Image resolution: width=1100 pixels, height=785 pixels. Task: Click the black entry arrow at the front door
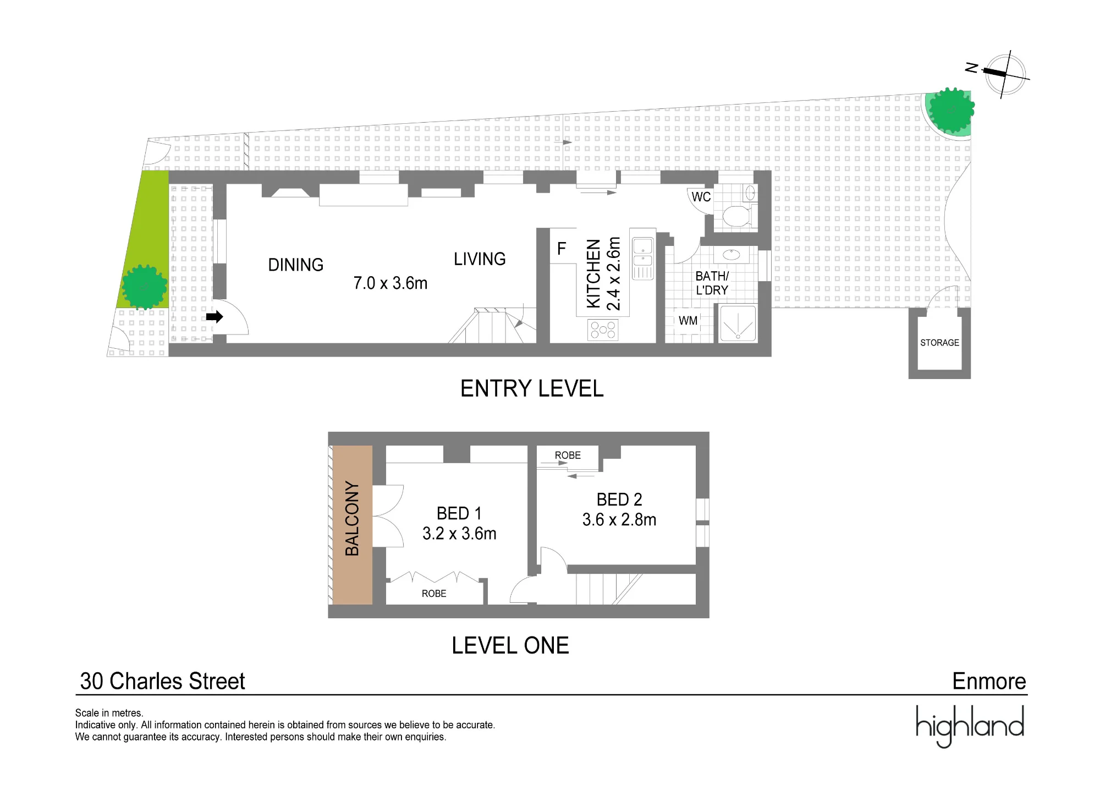click(215, 317)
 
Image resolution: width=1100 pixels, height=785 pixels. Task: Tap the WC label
click(701, 197)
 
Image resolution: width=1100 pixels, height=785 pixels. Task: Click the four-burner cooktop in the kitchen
click(603, 330)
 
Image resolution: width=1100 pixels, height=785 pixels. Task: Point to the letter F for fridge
click(562, 249)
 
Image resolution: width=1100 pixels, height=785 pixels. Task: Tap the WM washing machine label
click(688, 321)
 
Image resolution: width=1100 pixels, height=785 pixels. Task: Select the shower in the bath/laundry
click(738, 324)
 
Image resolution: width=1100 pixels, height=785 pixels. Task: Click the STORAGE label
click(939, 343)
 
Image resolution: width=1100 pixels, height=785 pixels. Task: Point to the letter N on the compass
click(972, 68)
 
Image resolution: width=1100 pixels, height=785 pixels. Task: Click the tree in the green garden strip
click(144, 287)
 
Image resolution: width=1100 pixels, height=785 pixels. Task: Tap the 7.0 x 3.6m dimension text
click(390, 283)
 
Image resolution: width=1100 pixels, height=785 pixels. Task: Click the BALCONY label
click(352, 518)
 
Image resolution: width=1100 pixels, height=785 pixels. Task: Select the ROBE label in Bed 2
click(568, 455)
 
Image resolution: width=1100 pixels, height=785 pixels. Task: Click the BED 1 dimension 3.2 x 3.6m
click(459, 534)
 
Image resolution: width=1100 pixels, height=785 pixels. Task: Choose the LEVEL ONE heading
click(510, 646)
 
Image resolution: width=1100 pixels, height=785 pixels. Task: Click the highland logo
click(970, 725)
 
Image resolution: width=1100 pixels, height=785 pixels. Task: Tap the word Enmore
click(989, 682)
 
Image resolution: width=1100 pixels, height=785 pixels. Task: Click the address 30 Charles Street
click(162, 682)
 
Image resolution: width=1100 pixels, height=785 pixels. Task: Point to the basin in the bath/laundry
click(732, 255)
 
